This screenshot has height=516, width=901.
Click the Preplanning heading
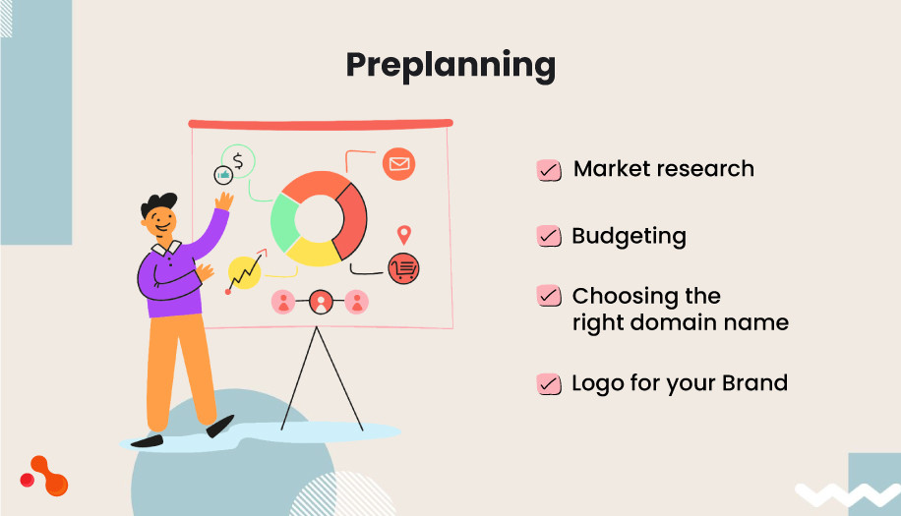point(450,66)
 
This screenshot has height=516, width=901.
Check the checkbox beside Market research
point(549,170)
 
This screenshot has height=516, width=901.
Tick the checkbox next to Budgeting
point(549,237)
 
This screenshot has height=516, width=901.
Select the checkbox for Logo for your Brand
point(549,383)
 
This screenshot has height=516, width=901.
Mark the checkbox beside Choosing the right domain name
point(549,296)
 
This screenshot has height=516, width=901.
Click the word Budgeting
point(629,237)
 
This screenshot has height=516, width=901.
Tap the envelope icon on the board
point(398,164)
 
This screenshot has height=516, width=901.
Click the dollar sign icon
point(238,160)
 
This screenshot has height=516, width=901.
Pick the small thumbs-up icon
point(223,175)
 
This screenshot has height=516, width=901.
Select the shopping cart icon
point(403,267)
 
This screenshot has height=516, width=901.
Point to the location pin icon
point(403,235)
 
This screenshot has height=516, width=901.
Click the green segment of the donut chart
point(284,220)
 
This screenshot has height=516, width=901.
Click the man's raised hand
point(224,201)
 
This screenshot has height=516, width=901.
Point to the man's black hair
point(158,202)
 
